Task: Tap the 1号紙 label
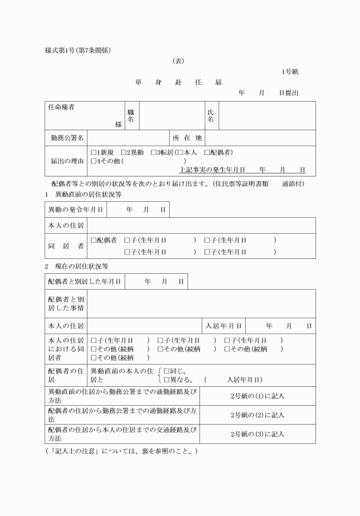point(289,71)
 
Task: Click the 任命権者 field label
point(61,107)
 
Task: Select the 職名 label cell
point(130,116)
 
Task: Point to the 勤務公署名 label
point(66,138)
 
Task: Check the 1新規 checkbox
point(94,153)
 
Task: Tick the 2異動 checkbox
point(124,153)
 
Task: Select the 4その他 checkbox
point(94,161)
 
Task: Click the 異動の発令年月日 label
point(75,210)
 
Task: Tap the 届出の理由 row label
point(66,161)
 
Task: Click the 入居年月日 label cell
point(224,326)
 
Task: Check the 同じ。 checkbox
point(167,371)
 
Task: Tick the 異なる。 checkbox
point(167,379)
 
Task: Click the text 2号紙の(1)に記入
point(257,395)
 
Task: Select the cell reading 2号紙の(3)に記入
point(257,434)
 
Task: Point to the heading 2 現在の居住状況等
point(77,266)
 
